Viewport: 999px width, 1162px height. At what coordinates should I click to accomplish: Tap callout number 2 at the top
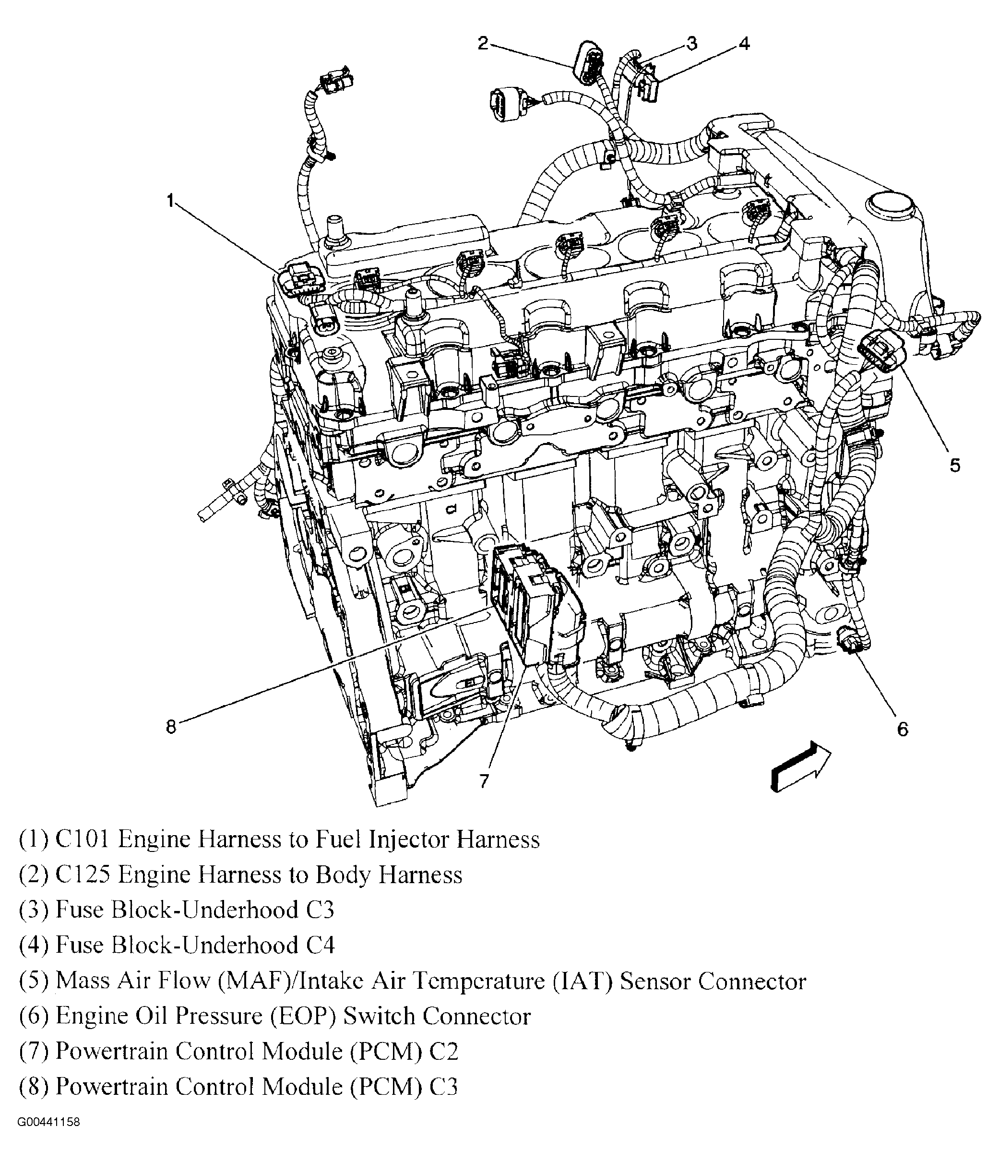pos(483,43)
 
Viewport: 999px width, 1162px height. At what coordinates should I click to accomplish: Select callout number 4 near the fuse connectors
pos(743,44)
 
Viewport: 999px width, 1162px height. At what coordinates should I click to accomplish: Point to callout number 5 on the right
pos(955,465)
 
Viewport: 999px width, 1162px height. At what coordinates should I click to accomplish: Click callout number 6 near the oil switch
pos(903,729)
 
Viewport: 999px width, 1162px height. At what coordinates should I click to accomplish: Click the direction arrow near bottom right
pos(799,766)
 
